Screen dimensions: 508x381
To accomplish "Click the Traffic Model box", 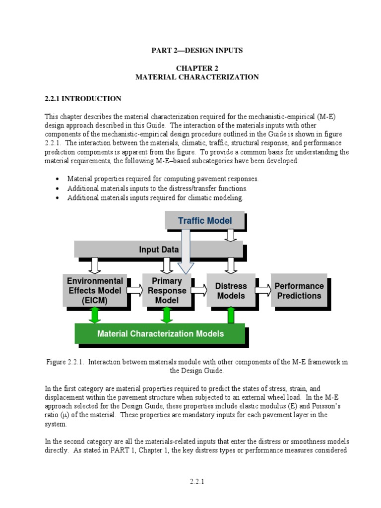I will coord(204,221).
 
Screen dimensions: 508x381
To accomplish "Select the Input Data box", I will coord(158,250).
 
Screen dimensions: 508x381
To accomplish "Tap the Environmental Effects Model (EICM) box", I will coord(95,291).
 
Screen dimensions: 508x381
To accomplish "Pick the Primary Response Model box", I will coord(166,291).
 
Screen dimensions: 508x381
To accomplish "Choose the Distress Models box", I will coord(231,291).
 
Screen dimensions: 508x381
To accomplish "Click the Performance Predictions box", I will coord(299,291).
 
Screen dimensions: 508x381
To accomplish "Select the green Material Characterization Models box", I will coord(160,334).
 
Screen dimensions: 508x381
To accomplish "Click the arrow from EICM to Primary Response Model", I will coord(134,289).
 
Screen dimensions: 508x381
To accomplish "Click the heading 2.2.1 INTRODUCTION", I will coord(83,99).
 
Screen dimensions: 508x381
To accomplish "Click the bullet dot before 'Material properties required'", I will coord(58,179).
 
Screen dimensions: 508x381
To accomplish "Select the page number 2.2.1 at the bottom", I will coord(197,481).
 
